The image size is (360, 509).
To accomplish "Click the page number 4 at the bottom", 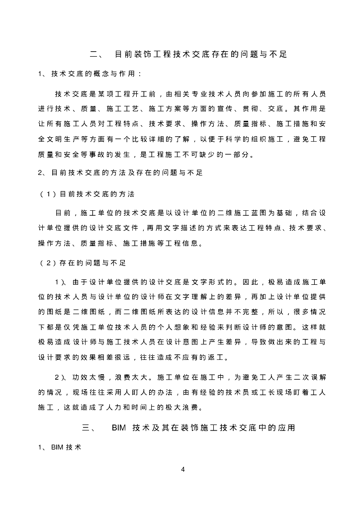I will tap(183, 470).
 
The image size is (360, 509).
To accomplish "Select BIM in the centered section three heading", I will tap(121, 427).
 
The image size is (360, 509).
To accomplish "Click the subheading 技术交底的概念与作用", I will tap(93, 74).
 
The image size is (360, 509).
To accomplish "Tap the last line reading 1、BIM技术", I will tap(60, 447).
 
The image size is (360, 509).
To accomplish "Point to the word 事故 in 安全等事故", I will tap(103, 155).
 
